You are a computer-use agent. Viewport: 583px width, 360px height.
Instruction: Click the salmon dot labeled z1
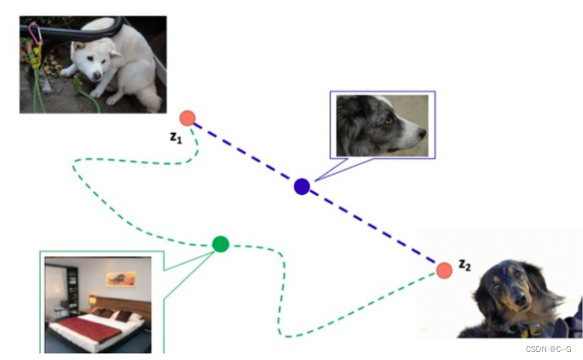pos(188,118)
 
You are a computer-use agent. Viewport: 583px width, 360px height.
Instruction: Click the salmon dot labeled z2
pos(444,270)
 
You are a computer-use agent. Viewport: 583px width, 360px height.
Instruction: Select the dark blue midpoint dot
pos(302,186)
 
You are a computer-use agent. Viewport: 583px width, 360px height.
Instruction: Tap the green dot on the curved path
pos(220,243)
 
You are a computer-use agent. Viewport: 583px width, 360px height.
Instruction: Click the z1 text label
pos(176,138)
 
